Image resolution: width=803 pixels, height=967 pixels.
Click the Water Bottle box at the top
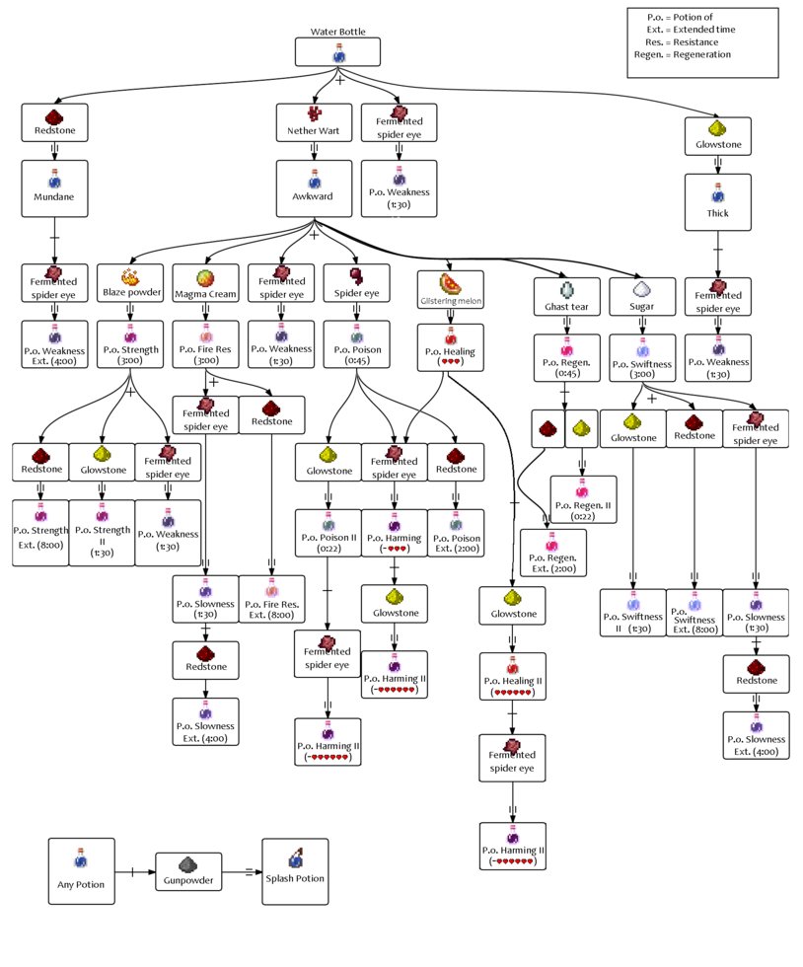coord(338,51)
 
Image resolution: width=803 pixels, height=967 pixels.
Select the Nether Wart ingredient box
coord(314,121)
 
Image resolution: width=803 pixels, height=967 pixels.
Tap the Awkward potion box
coord(314,186)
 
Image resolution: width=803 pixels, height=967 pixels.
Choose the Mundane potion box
coord(55,186)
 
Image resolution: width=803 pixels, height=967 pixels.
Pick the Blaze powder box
coord(130,283)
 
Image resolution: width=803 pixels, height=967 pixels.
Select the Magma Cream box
coord(204,283)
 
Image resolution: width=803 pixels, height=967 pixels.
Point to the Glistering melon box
coord(450,287)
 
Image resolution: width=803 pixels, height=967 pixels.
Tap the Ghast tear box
coord(566,295)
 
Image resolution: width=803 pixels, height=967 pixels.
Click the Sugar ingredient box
coord(641,295)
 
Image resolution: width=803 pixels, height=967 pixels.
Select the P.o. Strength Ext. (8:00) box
coord(39,532)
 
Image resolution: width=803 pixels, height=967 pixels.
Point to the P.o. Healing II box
coord(512,676)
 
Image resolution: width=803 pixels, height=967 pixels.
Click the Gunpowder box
coord(187,872)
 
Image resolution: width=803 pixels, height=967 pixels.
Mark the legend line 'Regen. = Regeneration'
coord(683,55)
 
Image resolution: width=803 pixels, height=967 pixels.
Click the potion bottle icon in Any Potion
coord(81,855)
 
